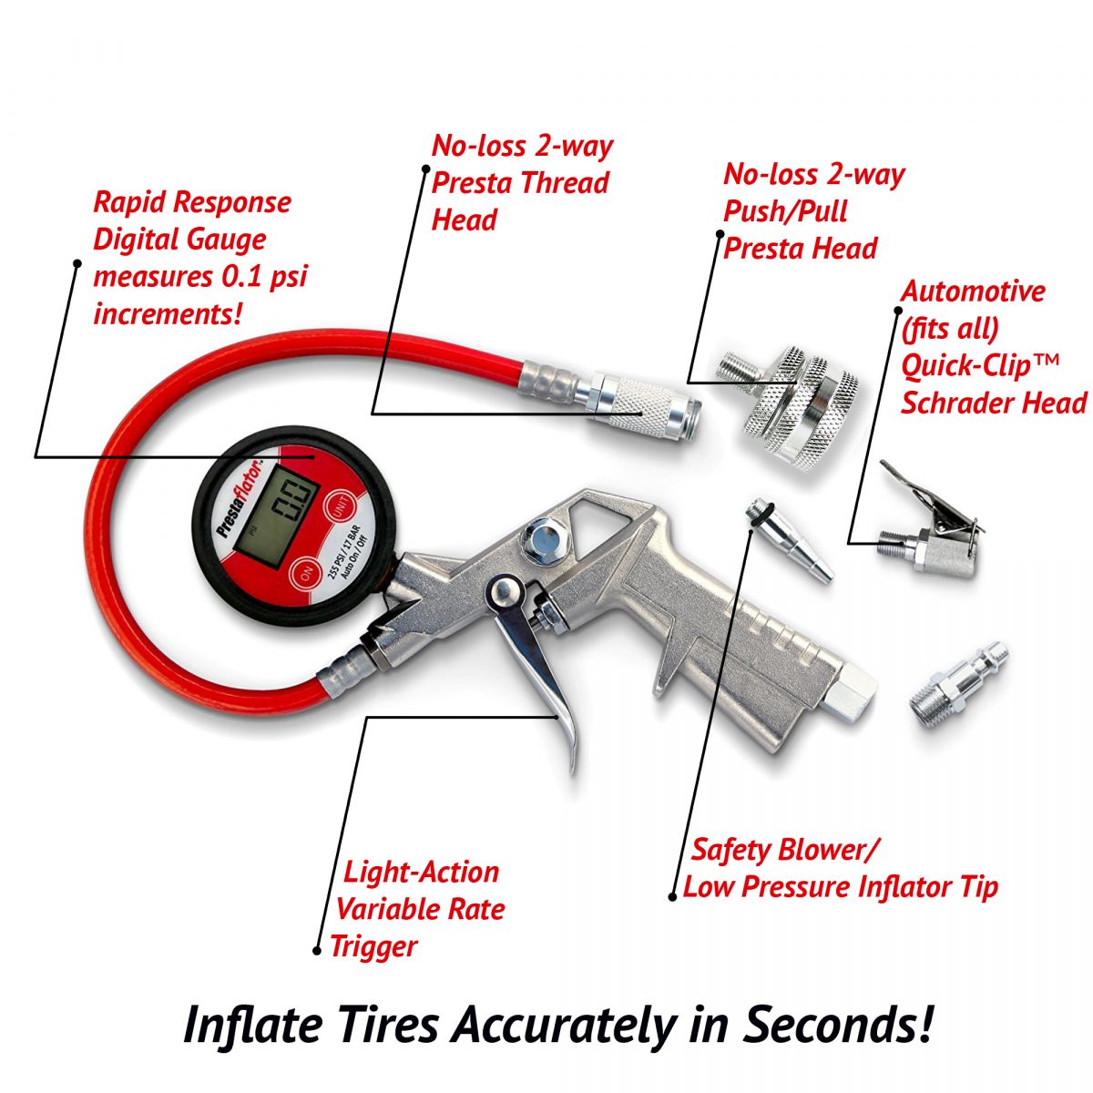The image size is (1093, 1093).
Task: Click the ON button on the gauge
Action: point(306,575)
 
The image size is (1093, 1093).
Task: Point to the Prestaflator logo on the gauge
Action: point(240,498)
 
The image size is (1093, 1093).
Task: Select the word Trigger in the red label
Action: point(373,946)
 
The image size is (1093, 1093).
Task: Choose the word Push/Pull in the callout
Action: point(785,212)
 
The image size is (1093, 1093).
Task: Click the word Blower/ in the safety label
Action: point(828,866)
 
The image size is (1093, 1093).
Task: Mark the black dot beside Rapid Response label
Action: point(77,262)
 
